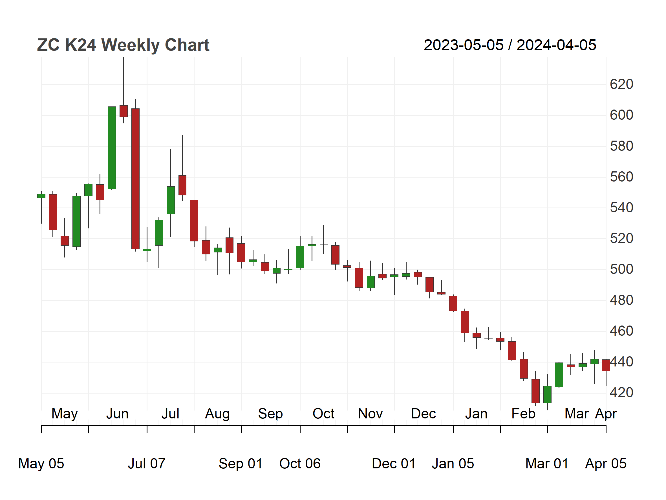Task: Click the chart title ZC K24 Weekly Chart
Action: click(123, 45)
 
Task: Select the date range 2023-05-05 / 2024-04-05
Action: click(510, 45)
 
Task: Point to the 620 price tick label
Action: click(621, 84)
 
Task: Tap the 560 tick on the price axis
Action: click(621, 177)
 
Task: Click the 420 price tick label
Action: click(621, 393)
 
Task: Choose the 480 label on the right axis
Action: click(621, 300)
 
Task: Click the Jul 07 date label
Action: click(147, 464)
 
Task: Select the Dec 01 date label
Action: click(394, 464)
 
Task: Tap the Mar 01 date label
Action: click(547, 464)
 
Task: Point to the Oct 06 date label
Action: click(300, 464)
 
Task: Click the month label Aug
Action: click(217, 414)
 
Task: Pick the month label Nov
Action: click(370, 414)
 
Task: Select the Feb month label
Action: click(523, 414)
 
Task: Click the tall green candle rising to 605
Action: click(112, 148)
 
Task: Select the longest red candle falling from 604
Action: click(136, 178)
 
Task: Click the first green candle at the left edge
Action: click(41, 196)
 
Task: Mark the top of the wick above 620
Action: click(124, 57)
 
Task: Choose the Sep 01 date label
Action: click(241, 464)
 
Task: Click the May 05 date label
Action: click(41, 464)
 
